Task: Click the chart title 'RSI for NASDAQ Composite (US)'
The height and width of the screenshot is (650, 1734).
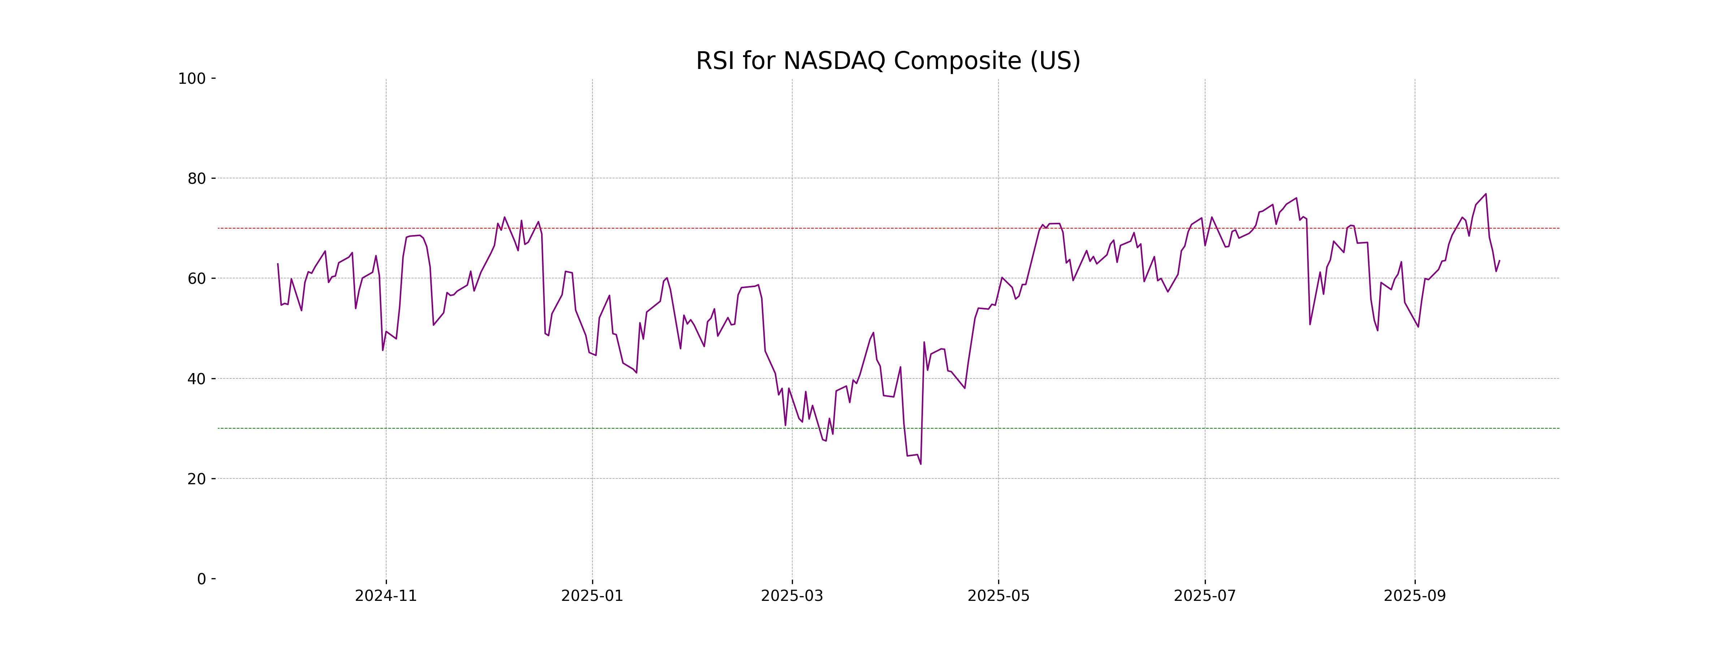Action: [888, 61]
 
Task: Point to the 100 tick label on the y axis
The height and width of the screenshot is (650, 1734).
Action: [192, 79]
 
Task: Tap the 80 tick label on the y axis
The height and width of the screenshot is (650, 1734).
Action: [197, 179]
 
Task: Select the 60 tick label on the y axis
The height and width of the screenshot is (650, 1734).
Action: [197, 278]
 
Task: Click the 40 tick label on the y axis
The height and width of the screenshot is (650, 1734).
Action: [197, 379]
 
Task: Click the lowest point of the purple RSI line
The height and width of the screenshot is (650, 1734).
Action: [921, 464]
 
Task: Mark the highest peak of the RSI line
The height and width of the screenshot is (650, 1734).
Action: [1485, 194]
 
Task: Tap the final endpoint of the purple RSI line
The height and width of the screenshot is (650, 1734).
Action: [1499, 260]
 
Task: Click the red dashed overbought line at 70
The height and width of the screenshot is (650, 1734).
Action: [673, 228]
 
